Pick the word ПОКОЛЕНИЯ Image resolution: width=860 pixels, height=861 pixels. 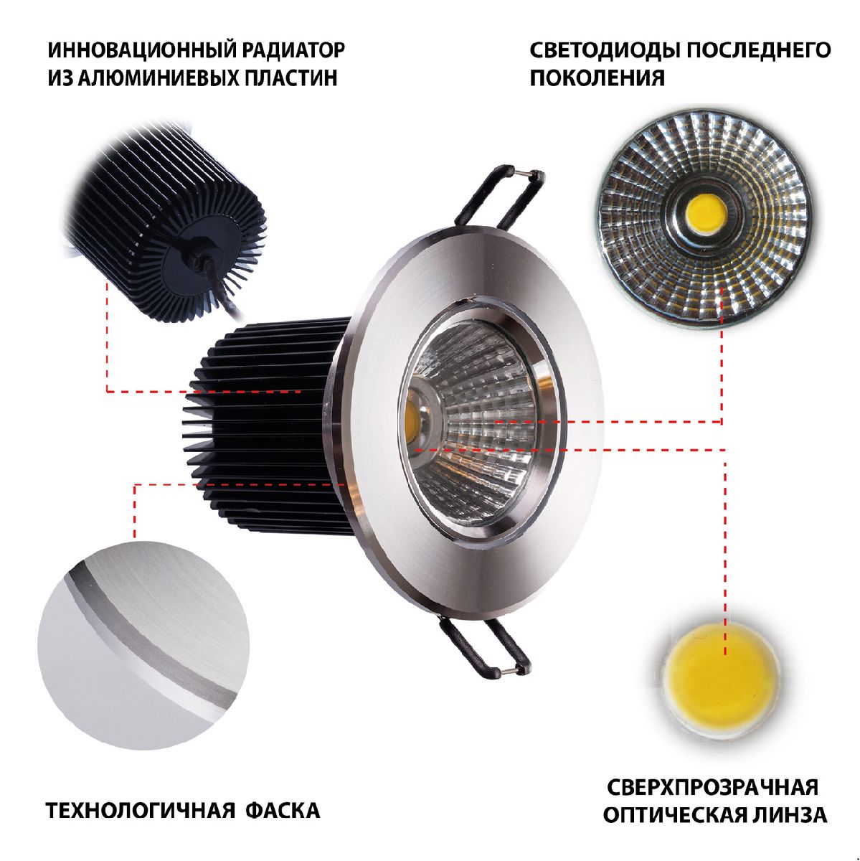tap(597, 77)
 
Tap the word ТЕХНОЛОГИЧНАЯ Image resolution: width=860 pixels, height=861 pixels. tap(141, 811)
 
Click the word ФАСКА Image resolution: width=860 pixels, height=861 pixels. tap(283, 811)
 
